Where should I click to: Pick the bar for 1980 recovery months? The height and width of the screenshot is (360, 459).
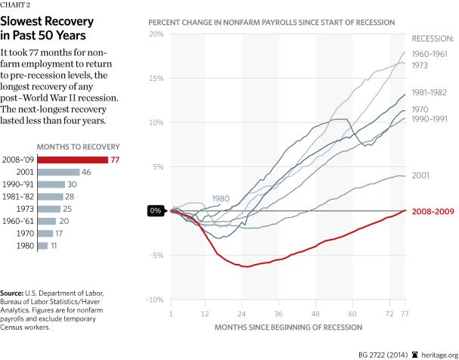42,246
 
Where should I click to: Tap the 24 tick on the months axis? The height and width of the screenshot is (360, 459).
245,312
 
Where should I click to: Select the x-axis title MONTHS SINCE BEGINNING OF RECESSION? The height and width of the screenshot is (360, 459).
289,327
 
